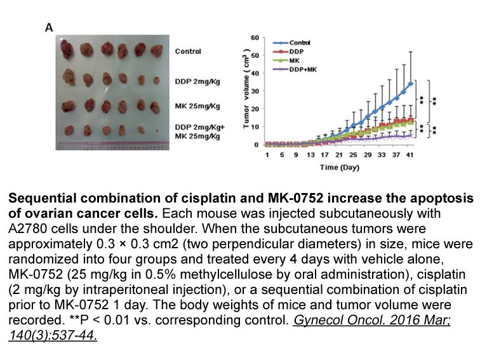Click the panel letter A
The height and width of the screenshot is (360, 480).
[x=49, y=28]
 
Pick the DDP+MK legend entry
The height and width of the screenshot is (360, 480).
[x=295, y=69]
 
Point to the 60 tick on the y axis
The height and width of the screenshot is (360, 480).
[x=255, y=37]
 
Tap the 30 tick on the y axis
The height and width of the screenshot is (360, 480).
[x=255, y=91]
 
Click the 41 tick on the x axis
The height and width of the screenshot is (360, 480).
[x=410, y=155]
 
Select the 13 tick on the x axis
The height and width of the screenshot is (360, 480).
[x=310, y=155]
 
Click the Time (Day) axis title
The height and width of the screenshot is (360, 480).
[x=340, y=168]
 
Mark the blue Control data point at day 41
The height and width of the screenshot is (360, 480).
[x=411, y=84]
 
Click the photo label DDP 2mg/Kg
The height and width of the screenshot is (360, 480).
[x=197, y=82]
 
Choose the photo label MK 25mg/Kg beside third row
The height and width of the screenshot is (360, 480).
[x=197, y=106]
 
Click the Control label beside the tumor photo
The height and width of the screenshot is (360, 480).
[x=188, y=51]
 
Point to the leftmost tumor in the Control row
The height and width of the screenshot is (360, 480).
[x=67, y=49]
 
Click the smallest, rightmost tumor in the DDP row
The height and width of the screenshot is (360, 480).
[x=156, y=81]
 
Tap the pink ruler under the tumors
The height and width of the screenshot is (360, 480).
[x=112, y=146]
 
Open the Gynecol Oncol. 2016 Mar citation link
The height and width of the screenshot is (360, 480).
[x=372, y=320]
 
